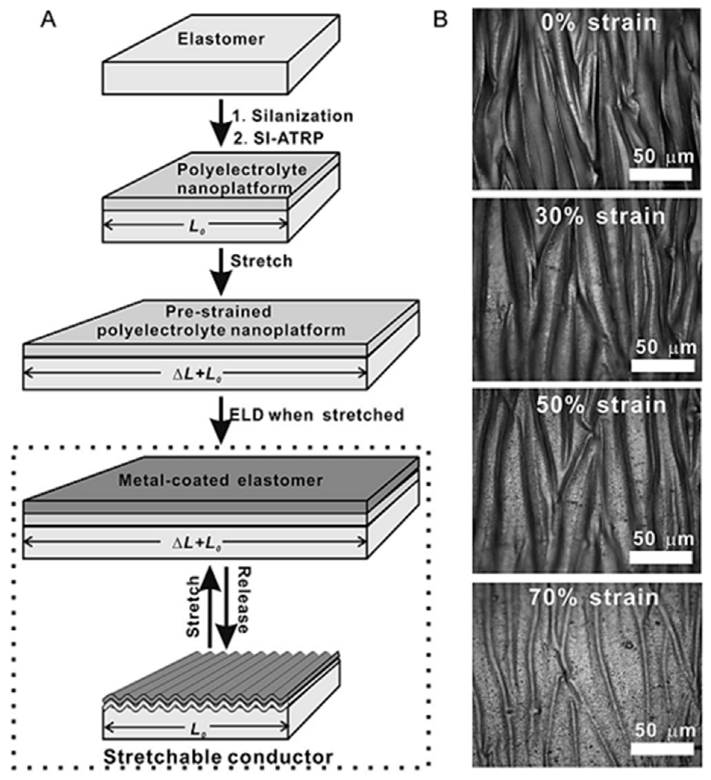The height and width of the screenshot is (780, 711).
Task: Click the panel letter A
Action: [x=48, y=20]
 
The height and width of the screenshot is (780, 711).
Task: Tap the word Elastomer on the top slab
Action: [x=221, y=39]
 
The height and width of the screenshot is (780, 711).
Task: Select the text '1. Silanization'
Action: [x=292, y=116]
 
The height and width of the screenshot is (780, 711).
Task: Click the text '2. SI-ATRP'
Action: [x=278, y=138]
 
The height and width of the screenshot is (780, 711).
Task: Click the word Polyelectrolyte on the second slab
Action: [x=242, y=169]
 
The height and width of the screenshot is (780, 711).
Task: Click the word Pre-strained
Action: [x=219, y=311]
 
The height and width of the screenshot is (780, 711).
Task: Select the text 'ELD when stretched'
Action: [x=316, y=415]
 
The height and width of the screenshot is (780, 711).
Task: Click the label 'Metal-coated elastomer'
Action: [x=220, y=480]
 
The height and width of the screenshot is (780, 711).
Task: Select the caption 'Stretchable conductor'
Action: [x=218, y=757]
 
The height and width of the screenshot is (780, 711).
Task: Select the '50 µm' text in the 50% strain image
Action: [x=663, y=539]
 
